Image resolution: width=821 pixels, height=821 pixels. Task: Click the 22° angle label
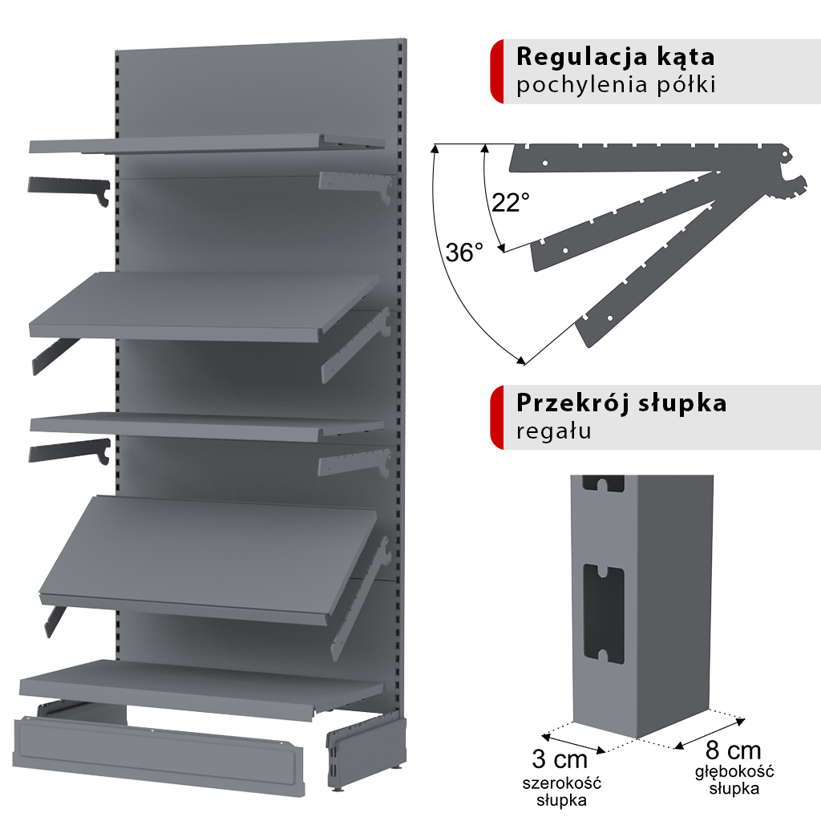pos(511,203)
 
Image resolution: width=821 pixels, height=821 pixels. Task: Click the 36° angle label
pos(465,253)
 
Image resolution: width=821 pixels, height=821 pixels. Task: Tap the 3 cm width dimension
pos(560,758)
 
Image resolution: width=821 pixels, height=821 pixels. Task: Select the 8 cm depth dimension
pos(733,750)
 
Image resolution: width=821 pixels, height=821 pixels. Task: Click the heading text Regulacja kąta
pos(615,58)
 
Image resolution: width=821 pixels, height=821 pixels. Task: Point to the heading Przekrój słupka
pos(621,402)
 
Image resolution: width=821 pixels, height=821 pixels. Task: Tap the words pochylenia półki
pos(615,85)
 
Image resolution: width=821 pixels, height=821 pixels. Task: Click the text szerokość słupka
pos(560,791)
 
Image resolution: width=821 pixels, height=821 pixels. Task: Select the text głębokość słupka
pos(734,779)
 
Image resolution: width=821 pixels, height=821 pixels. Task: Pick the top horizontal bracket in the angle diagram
pos(649,157)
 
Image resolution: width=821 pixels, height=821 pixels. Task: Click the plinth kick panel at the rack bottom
pos(160,754)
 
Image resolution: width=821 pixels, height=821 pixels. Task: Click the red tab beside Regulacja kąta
pos(496,71)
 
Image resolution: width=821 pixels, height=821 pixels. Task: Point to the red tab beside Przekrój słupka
pos(496,417)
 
